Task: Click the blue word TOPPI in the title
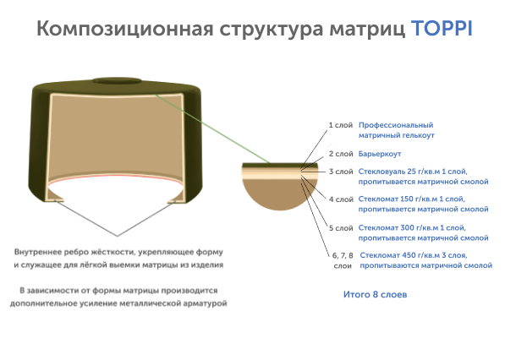coord(442,29)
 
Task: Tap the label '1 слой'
coord(340,125)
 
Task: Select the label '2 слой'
coord(341,154)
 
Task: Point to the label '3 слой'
coord(341,172)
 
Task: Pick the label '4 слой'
coord(341,199)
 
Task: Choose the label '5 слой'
coord(341,228)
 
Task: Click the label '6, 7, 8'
coord(343,255)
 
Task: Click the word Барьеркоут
coord(380,154)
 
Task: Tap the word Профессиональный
coord(396,125)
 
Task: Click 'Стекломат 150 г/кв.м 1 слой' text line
coord(411,199)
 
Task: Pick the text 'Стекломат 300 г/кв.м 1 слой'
coord(412,228)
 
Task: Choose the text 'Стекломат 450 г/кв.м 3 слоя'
coord(413,255)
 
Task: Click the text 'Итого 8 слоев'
coord(375,294)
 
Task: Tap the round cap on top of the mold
coord(117,80)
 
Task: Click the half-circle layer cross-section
coord(280,187)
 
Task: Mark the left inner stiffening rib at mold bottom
coord(55,195)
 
